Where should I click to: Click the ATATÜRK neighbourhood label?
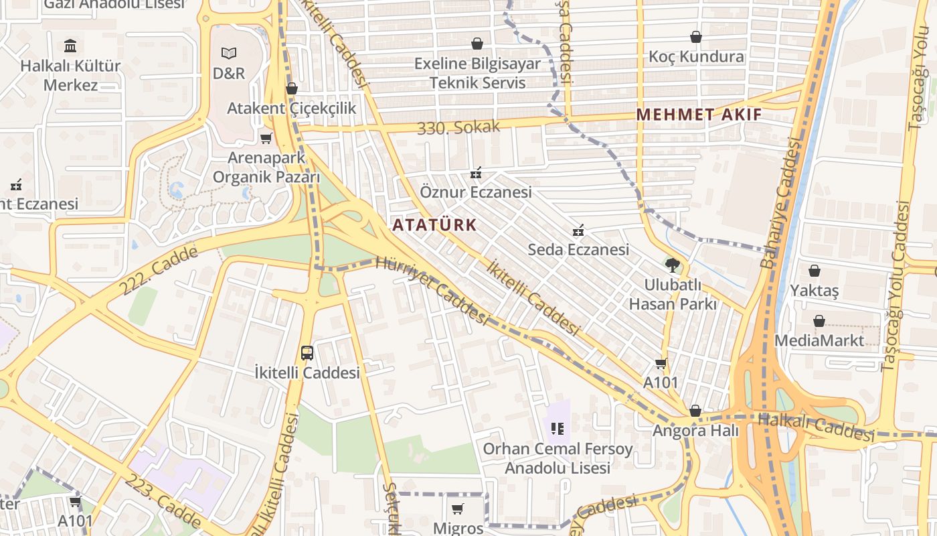pyautogui.click(x=434, y=225)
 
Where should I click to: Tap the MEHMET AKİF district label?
pyautogui.click(x=699, y=114)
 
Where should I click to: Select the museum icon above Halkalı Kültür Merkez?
pyautogui.click(x=70, y=46)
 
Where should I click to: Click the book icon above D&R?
pyautogui.click(x=229, y=52)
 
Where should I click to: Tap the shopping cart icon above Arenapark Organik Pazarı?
pyautogui.click(x=266, y=138)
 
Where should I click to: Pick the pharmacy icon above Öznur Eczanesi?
pyautogui.click(x=476, y=174)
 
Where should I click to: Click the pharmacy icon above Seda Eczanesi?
pyautogui.click(x=578, y=230)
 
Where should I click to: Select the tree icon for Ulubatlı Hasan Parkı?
pyautogui.click(x=673, y=265)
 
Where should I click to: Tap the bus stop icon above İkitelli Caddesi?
pyautogui.click(x=307, y=352)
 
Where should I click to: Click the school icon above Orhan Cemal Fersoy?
pyautogui.click(x=558, y=428)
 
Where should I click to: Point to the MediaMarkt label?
pyautogui.click(x=819, y=340)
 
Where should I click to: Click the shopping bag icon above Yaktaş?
pyautogui.click(x=815, y=271)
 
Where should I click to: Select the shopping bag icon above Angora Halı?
pyautogui.click(x=695, y=411)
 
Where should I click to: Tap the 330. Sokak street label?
pyautogui.click(x=458, y=127)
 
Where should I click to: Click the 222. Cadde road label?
pyautogui.click(x=159, y=271)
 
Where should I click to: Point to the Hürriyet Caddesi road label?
pyautogui.click(x=432, y=290)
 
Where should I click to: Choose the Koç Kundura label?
pyautogui.click(x=696, y=57)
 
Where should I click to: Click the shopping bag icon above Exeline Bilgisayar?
pyautogui.click(x=477, y=44)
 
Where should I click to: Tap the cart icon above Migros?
pyautogui.click(x=458, y=509)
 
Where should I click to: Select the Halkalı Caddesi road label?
pyautogui.click(x=816, y=427)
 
